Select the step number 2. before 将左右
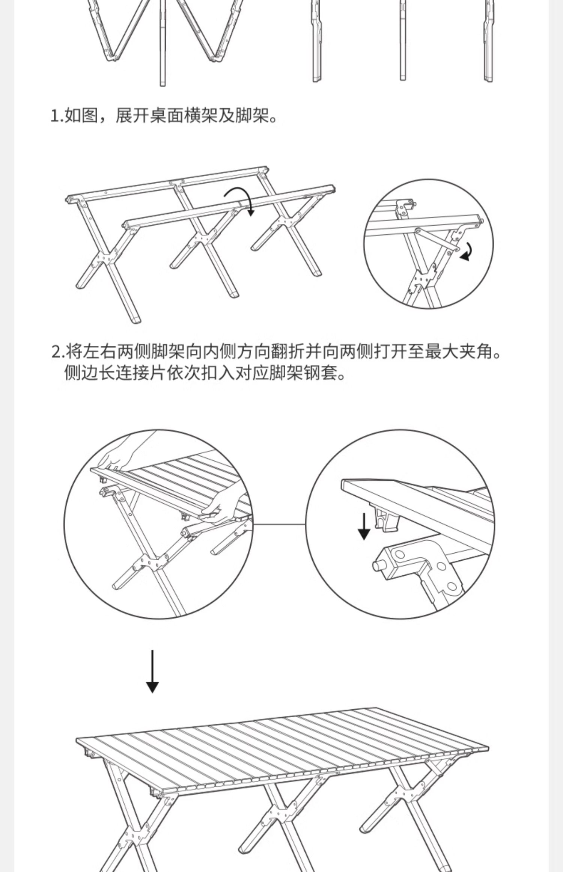point(58,352)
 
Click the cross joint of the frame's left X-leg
point(105,259)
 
